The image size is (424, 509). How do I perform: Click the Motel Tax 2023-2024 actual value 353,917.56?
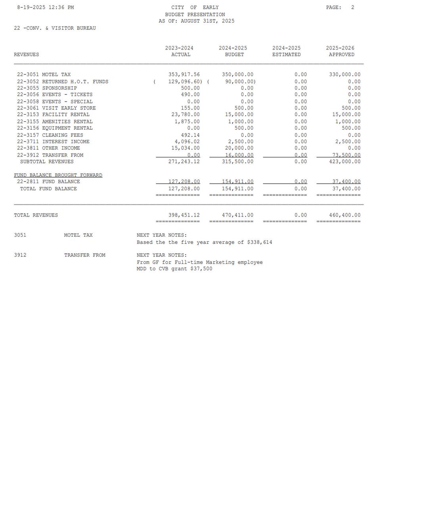click(x=184, y=75)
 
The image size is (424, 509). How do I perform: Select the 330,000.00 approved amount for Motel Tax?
click(x=345, y=75)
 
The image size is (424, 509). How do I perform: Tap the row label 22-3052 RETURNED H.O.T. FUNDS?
click(x=63, y=82)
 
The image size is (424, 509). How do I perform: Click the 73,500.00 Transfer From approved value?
click(x=346, y=155)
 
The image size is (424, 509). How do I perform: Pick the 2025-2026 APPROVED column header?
click(x=340, y=51)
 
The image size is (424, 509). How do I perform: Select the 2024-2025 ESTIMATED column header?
click(x=286, y=51)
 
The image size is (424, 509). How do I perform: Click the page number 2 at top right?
click(x=353, y=8)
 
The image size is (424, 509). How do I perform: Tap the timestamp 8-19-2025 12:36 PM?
click(x=45, y=8)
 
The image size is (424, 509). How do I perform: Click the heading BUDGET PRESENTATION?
click(x=195, y=14)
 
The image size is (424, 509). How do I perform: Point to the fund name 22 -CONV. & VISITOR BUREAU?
click(x=55, y=28)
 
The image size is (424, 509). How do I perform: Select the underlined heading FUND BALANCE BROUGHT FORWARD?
click(x=58, y=175)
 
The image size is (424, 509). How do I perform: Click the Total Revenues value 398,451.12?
click(x=184, y=215)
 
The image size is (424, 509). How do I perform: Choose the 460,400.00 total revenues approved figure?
click(x=345, y=215)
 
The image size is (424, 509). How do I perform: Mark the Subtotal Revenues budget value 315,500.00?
click(x=238, y=162)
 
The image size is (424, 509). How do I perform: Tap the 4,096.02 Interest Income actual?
click(x=187, y=142)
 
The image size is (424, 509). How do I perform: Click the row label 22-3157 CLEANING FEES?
click(x=50, y=135)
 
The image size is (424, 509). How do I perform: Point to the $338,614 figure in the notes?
click(x=260, y=242)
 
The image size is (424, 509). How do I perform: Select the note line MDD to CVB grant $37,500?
click(x=174, y=269)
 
